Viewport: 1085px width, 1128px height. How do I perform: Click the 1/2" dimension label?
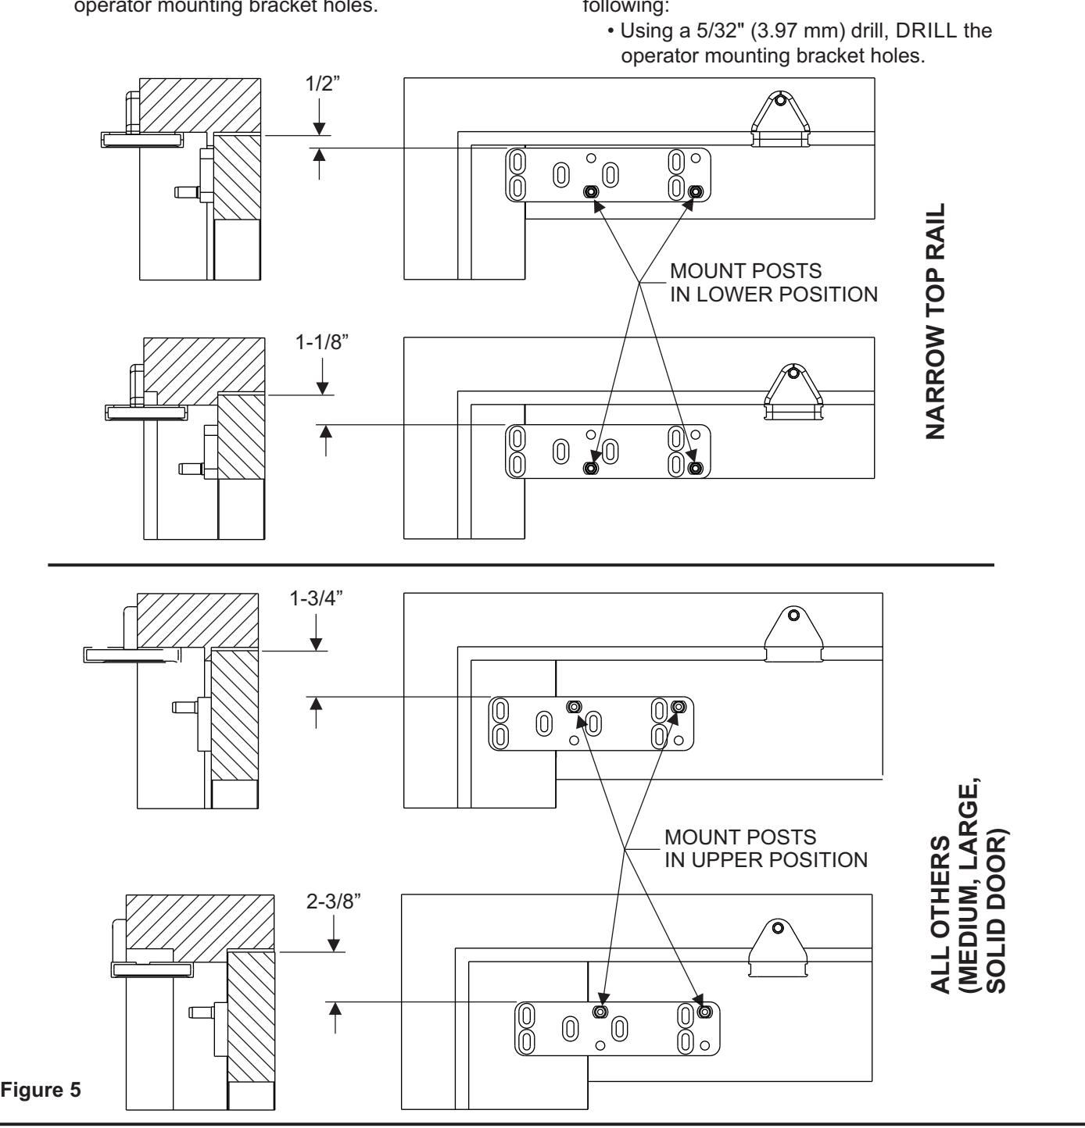(322, 84)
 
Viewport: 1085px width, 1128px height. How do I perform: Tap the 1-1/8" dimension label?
(322, 343)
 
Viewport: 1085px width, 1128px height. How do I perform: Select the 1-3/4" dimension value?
(316, 598)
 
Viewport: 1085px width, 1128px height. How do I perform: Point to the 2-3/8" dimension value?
(334, 901)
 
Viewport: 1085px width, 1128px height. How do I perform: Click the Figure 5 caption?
(41, 1090)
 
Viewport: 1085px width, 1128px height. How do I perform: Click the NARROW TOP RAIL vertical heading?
(935, 321)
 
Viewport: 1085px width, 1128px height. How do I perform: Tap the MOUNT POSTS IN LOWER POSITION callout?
(774, 283)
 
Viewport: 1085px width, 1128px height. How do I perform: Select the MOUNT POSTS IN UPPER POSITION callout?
(765, 848)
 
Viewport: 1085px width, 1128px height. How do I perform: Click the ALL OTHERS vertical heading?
(940, 914)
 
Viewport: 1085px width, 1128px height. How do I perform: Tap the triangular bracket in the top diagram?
(781, 119)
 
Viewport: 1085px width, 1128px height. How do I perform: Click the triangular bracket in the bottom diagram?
(778, 948)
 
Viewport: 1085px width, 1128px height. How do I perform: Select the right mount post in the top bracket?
(695, 192)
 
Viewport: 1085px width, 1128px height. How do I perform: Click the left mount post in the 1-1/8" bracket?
(591, 468)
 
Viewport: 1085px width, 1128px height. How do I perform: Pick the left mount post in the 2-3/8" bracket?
(600, 1012)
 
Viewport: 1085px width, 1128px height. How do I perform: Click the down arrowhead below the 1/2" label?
(319, 129)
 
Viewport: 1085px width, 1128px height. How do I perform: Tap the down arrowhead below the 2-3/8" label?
(334, 945)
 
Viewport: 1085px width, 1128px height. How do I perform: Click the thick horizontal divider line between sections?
(521, 564)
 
